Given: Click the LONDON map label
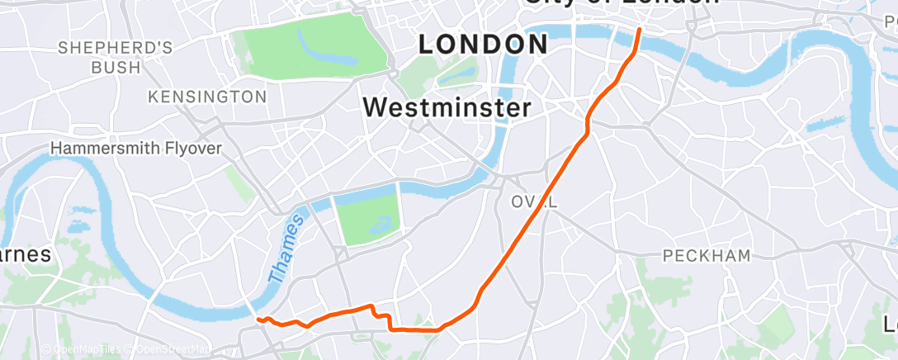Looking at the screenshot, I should click(x=483, y=45).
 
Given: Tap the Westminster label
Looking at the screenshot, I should click(x=447, y=107).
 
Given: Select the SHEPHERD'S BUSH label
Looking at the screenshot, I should click(x=116, y=57).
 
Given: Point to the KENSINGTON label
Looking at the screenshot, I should click(x=207, y=97).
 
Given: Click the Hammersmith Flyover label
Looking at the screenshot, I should click(x=136, y=149).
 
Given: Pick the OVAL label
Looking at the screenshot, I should click(x=534, y=202).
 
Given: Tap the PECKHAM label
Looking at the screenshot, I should click(x=707, y=256).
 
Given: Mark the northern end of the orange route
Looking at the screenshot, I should click(x=640, y=29).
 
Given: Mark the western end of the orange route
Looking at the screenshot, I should click(x=258, y=319).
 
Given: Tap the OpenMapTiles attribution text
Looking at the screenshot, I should click(x=85, y=350).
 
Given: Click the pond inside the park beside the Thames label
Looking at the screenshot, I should click(x=381, y=222).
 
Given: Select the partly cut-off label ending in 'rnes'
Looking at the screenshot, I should click(x=25, y=254).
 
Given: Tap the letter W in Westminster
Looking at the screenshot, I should click(x=376, y=107).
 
